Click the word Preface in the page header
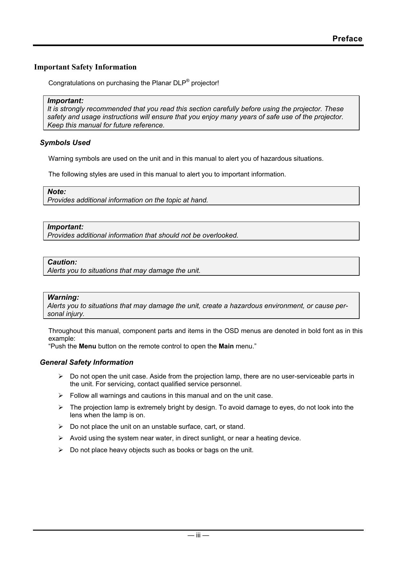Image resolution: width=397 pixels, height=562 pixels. (x=347, y=39)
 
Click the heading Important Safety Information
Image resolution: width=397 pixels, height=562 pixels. (x=85, y=67)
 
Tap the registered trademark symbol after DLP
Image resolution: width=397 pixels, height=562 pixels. (x=188, y=81)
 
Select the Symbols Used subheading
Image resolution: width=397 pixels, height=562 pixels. (x=65, y=143)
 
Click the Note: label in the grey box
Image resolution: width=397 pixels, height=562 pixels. (x=57, y=192)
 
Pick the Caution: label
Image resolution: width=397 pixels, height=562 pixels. (x=62, y=262)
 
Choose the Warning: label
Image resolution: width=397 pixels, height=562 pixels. (x=63, y=297)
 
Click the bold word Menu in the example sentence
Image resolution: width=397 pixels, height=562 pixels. (x=87, y=346)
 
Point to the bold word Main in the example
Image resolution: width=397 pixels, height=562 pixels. (x=226, y=346)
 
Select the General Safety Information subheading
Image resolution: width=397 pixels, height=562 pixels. (x=86, y=362)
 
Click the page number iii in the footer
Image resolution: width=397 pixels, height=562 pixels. (x=198, y=535)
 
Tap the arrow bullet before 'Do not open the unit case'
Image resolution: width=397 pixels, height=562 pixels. (x=60, y=377)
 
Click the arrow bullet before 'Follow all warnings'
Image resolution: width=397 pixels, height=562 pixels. (x=60, y=396)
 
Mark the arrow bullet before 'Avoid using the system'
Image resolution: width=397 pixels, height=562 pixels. (x=60, y=438)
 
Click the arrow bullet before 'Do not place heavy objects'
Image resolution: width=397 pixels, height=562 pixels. (x=60, y=450)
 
